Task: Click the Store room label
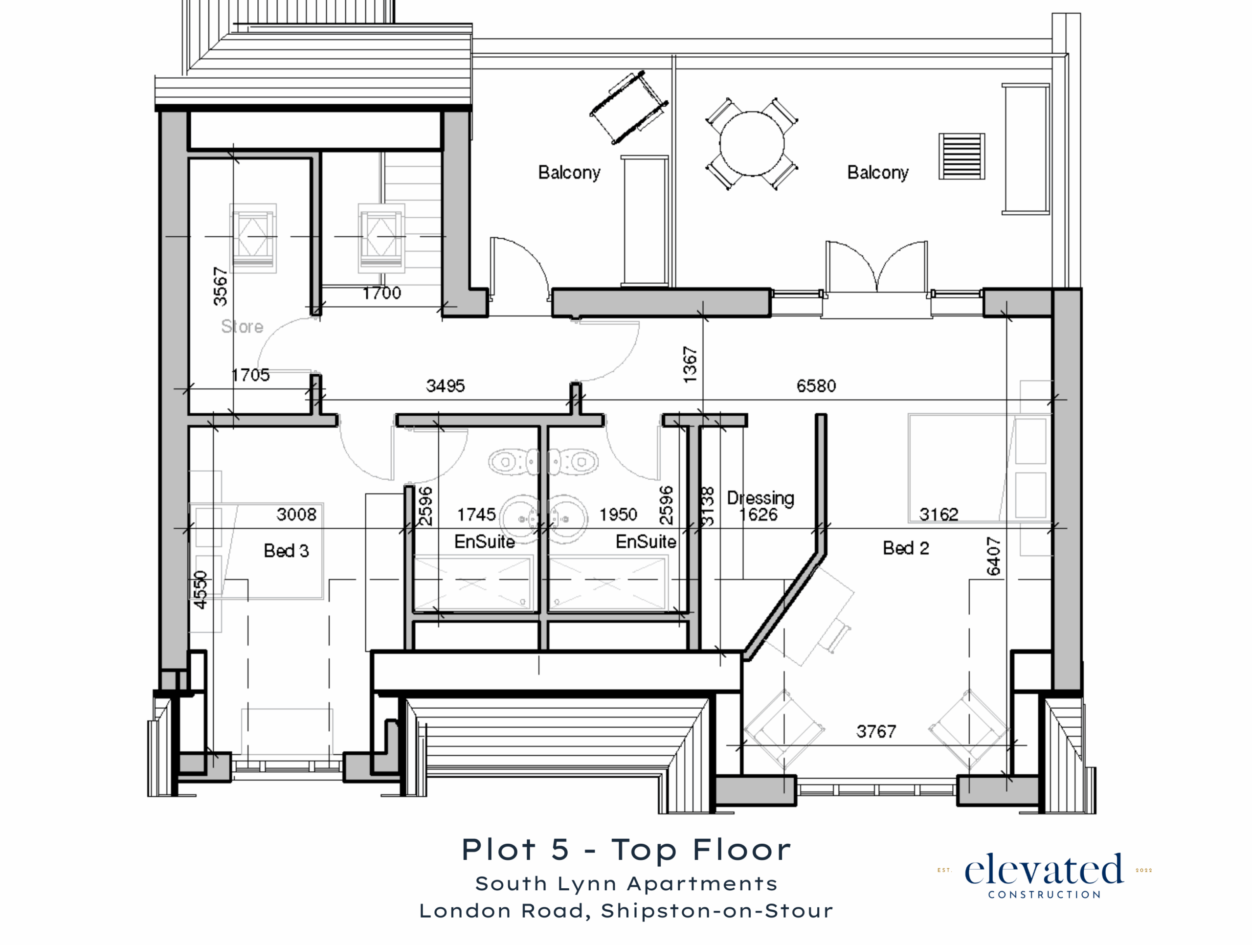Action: [242, 327]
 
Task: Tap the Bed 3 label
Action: [287, 551]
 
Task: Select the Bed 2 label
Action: [906, 548]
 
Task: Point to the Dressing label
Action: [760, 498]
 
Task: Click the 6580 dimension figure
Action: [816, 386]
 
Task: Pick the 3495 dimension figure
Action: [446, 386]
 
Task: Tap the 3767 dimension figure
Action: [876, 732]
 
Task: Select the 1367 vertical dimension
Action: [690, 364]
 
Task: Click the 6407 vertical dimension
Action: [994, 556]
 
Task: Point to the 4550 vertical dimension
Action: [201, 589]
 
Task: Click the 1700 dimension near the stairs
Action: [381, 293]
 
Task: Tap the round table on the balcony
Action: [752, 144]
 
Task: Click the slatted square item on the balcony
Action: [961, 156]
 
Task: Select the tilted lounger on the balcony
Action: [629, 108]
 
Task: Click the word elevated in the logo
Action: [1044, 870]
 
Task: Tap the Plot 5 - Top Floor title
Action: [626, 850]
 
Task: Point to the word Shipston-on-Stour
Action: [717, 911]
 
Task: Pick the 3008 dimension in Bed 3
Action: [296, 515]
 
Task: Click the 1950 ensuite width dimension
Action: [619, 515]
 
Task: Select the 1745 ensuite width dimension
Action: [476, 515]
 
